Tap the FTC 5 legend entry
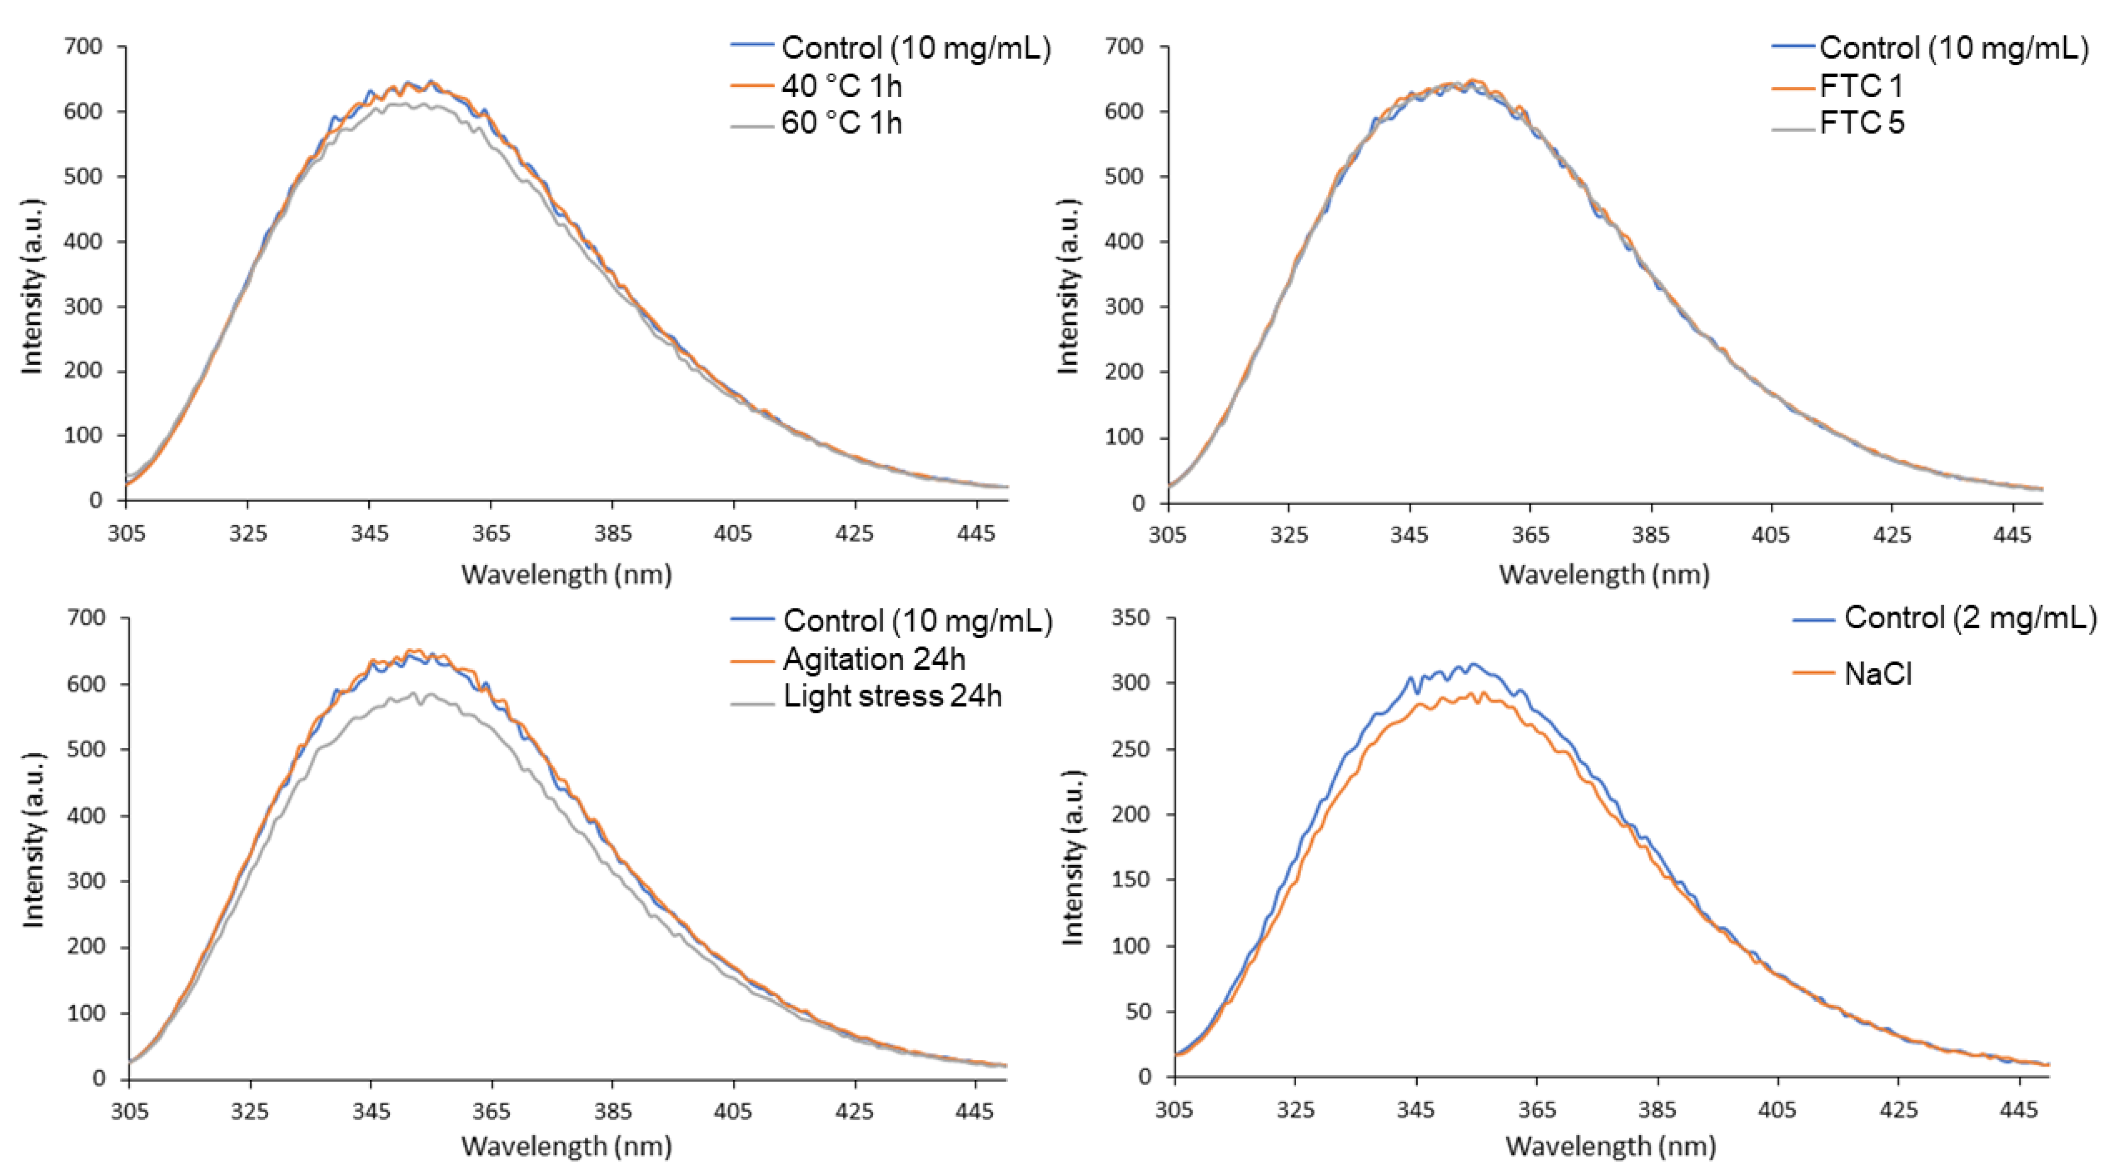click(x=1861, y=123)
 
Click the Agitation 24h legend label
click(x=874, y=659)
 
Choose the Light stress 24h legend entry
click(x=892, y=696)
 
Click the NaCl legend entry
click(x=1878, y=673)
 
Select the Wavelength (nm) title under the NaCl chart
click(x=1610, y=1146)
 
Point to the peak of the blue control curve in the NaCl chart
click(x=1473, y=663)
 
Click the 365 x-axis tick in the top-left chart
click(x=490, y=534)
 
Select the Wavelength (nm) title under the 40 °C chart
click(x=567, y=574)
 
